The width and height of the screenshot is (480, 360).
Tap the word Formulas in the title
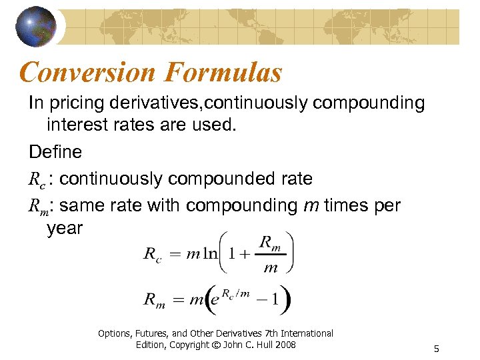227,72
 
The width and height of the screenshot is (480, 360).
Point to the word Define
55,152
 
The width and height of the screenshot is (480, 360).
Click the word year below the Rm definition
65,228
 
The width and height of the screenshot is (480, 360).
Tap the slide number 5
436,348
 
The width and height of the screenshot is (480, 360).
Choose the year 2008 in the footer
284,344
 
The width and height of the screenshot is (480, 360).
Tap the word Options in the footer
115,333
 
